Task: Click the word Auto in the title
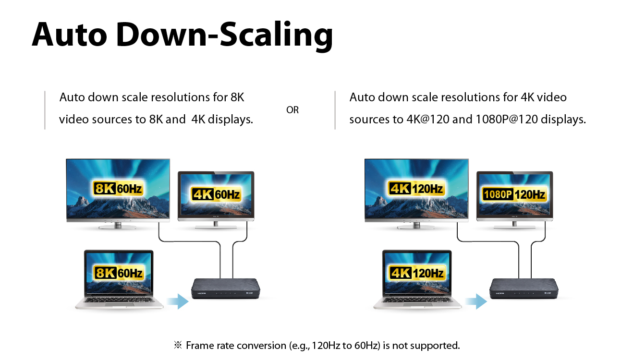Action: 69,35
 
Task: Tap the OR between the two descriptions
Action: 292,110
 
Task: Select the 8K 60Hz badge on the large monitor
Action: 118,189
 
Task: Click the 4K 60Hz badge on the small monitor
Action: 216,194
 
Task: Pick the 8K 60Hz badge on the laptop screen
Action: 119,273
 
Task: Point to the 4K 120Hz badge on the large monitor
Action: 416,189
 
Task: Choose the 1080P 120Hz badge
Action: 514,194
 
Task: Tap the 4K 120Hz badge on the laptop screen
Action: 417,273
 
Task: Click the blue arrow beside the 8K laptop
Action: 178,301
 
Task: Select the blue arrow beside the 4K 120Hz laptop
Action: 476,301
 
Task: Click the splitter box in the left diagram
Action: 226,288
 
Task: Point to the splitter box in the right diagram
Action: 524,288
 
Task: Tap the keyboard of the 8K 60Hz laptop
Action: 119,300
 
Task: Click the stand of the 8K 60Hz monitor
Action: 118,226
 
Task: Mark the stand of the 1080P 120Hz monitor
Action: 514,225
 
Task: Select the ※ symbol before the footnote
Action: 178,345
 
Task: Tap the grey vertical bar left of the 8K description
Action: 45,110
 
